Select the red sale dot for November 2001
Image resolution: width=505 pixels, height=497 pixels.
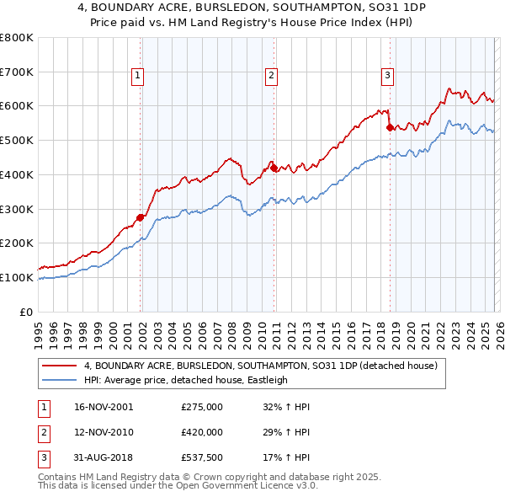pos(140,217)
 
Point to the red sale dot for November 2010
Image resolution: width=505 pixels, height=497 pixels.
pos(274,168)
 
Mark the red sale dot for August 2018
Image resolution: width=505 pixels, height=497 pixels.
pos(390,127)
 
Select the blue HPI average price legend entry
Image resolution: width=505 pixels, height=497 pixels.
pos(186,381)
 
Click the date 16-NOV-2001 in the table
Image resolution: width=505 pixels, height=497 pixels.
pos(104,407)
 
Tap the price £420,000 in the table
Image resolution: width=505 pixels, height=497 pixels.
pos(202,431)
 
